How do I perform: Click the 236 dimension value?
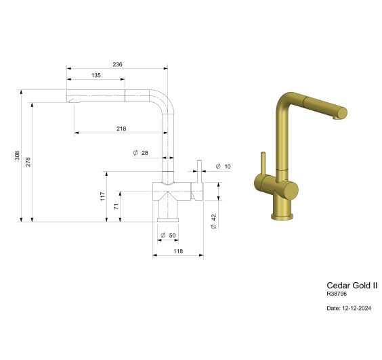point(117,65)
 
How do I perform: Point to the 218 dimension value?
point(122,129)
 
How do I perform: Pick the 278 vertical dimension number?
point(28,161)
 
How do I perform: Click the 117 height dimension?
point(102,196)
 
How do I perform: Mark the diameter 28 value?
point(144,153)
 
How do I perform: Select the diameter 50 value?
point(171,235)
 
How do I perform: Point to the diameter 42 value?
point(214,221)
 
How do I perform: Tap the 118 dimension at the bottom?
point(178,251)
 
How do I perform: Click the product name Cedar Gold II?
point(352,285)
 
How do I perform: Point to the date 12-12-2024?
point(349,308)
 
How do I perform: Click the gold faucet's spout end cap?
point(342,112)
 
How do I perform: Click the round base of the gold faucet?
point(282,216)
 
